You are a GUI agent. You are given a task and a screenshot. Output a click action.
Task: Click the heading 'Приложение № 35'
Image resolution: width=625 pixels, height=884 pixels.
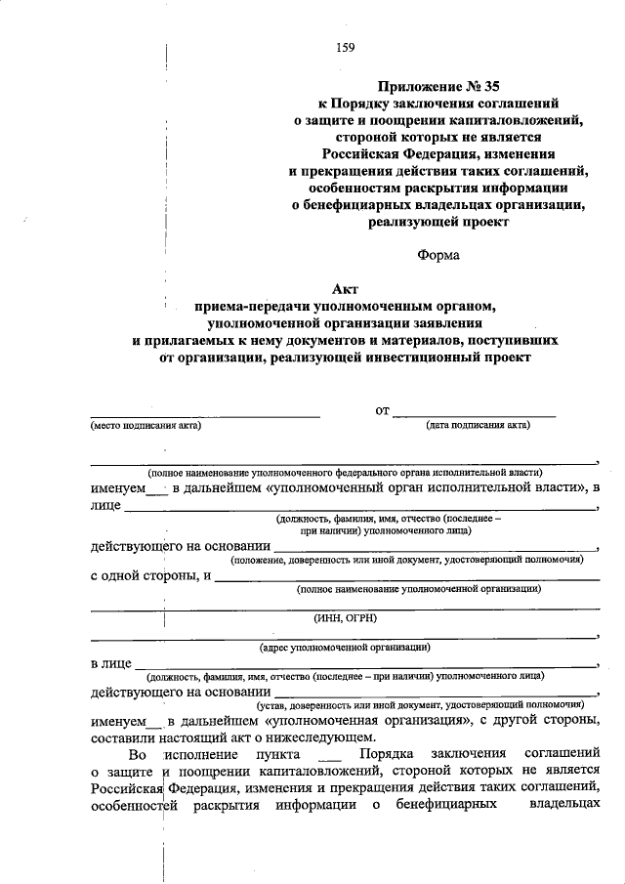(x=439, y=85)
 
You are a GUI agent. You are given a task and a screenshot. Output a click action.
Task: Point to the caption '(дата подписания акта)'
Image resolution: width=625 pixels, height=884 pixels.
(x=478, y=426)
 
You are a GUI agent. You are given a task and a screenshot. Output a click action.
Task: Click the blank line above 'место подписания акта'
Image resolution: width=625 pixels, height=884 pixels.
(x=205, y=416)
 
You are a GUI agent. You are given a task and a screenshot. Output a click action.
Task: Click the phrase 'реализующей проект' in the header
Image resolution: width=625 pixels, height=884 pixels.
(x=439, y=222)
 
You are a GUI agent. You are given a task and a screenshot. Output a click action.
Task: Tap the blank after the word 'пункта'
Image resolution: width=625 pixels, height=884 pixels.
(x=330, y=760)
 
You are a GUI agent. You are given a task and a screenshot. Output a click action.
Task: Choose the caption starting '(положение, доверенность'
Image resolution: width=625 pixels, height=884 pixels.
(x=407, y=561)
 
